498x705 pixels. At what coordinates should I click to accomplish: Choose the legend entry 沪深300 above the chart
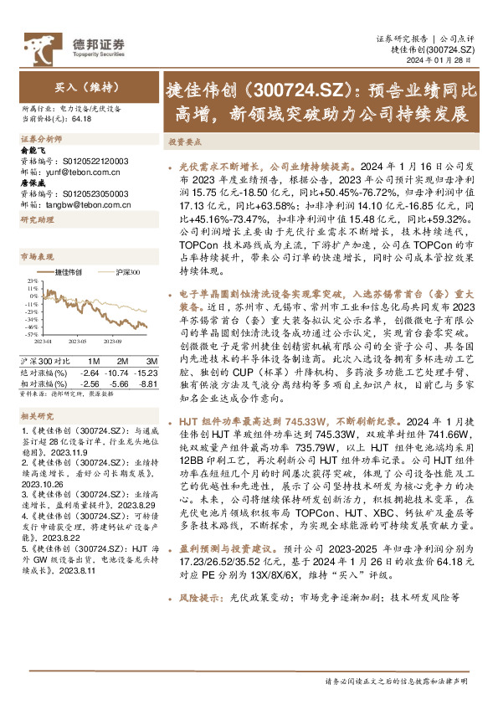(127, 273)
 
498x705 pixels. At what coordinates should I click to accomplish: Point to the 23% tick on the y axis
(30, 283)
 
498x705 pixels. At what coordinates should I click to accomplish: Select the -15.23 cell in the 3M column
(145, 371)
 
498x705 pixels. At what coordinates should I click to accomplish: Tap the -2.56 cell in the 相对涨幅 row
(89, 381)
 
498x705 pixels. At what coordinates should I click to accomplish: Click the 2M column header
(122, 361)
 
